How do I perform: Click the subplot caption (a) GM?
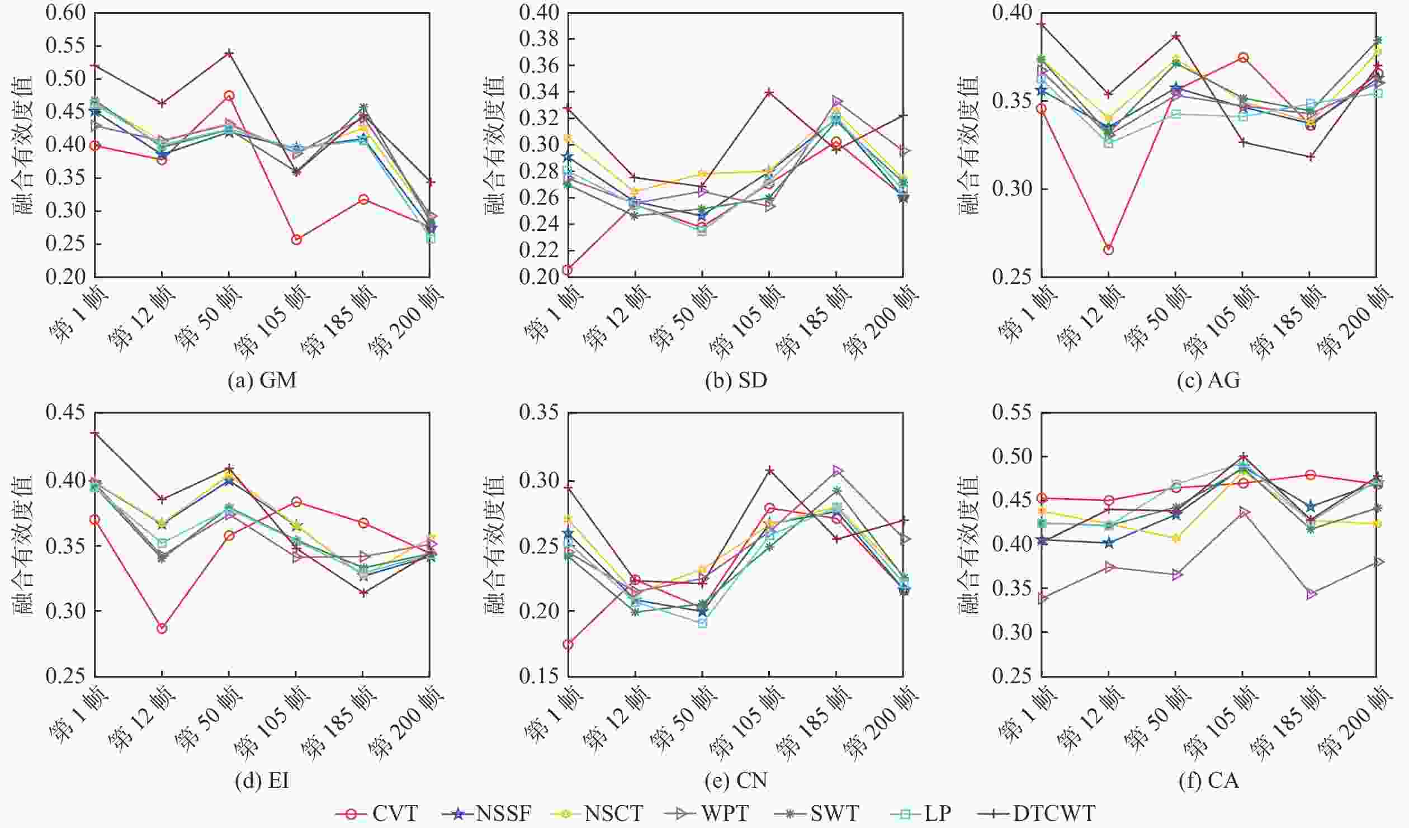coord(262,381)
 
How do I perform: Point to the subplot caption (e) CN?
coord(735,780)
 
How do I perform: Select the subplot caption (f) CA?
coord(1208,780)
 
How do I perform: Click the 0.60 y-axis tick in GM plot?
coord(67,13)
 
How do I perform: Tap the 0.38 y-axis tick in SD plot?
coord(540,39)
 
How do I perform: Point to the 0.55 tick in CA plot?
coord(1013,413)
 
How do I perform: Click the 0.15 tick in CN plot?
coord(540,676)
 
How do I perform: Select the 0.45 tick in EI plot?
coord(67,413)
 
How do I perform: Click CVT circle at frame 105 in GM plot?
coord(296,240)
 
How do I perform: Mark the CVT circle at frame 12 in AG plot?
coord(1108,250)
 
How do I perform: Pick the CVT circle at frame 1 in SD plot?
coord(568,270)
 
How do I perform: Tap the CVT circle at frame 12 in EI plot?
coord(162,628)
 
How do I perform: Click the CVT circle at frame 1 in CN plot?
coord(568,645)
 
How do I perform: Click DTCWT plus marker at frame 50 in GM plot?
coord(229,54)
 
